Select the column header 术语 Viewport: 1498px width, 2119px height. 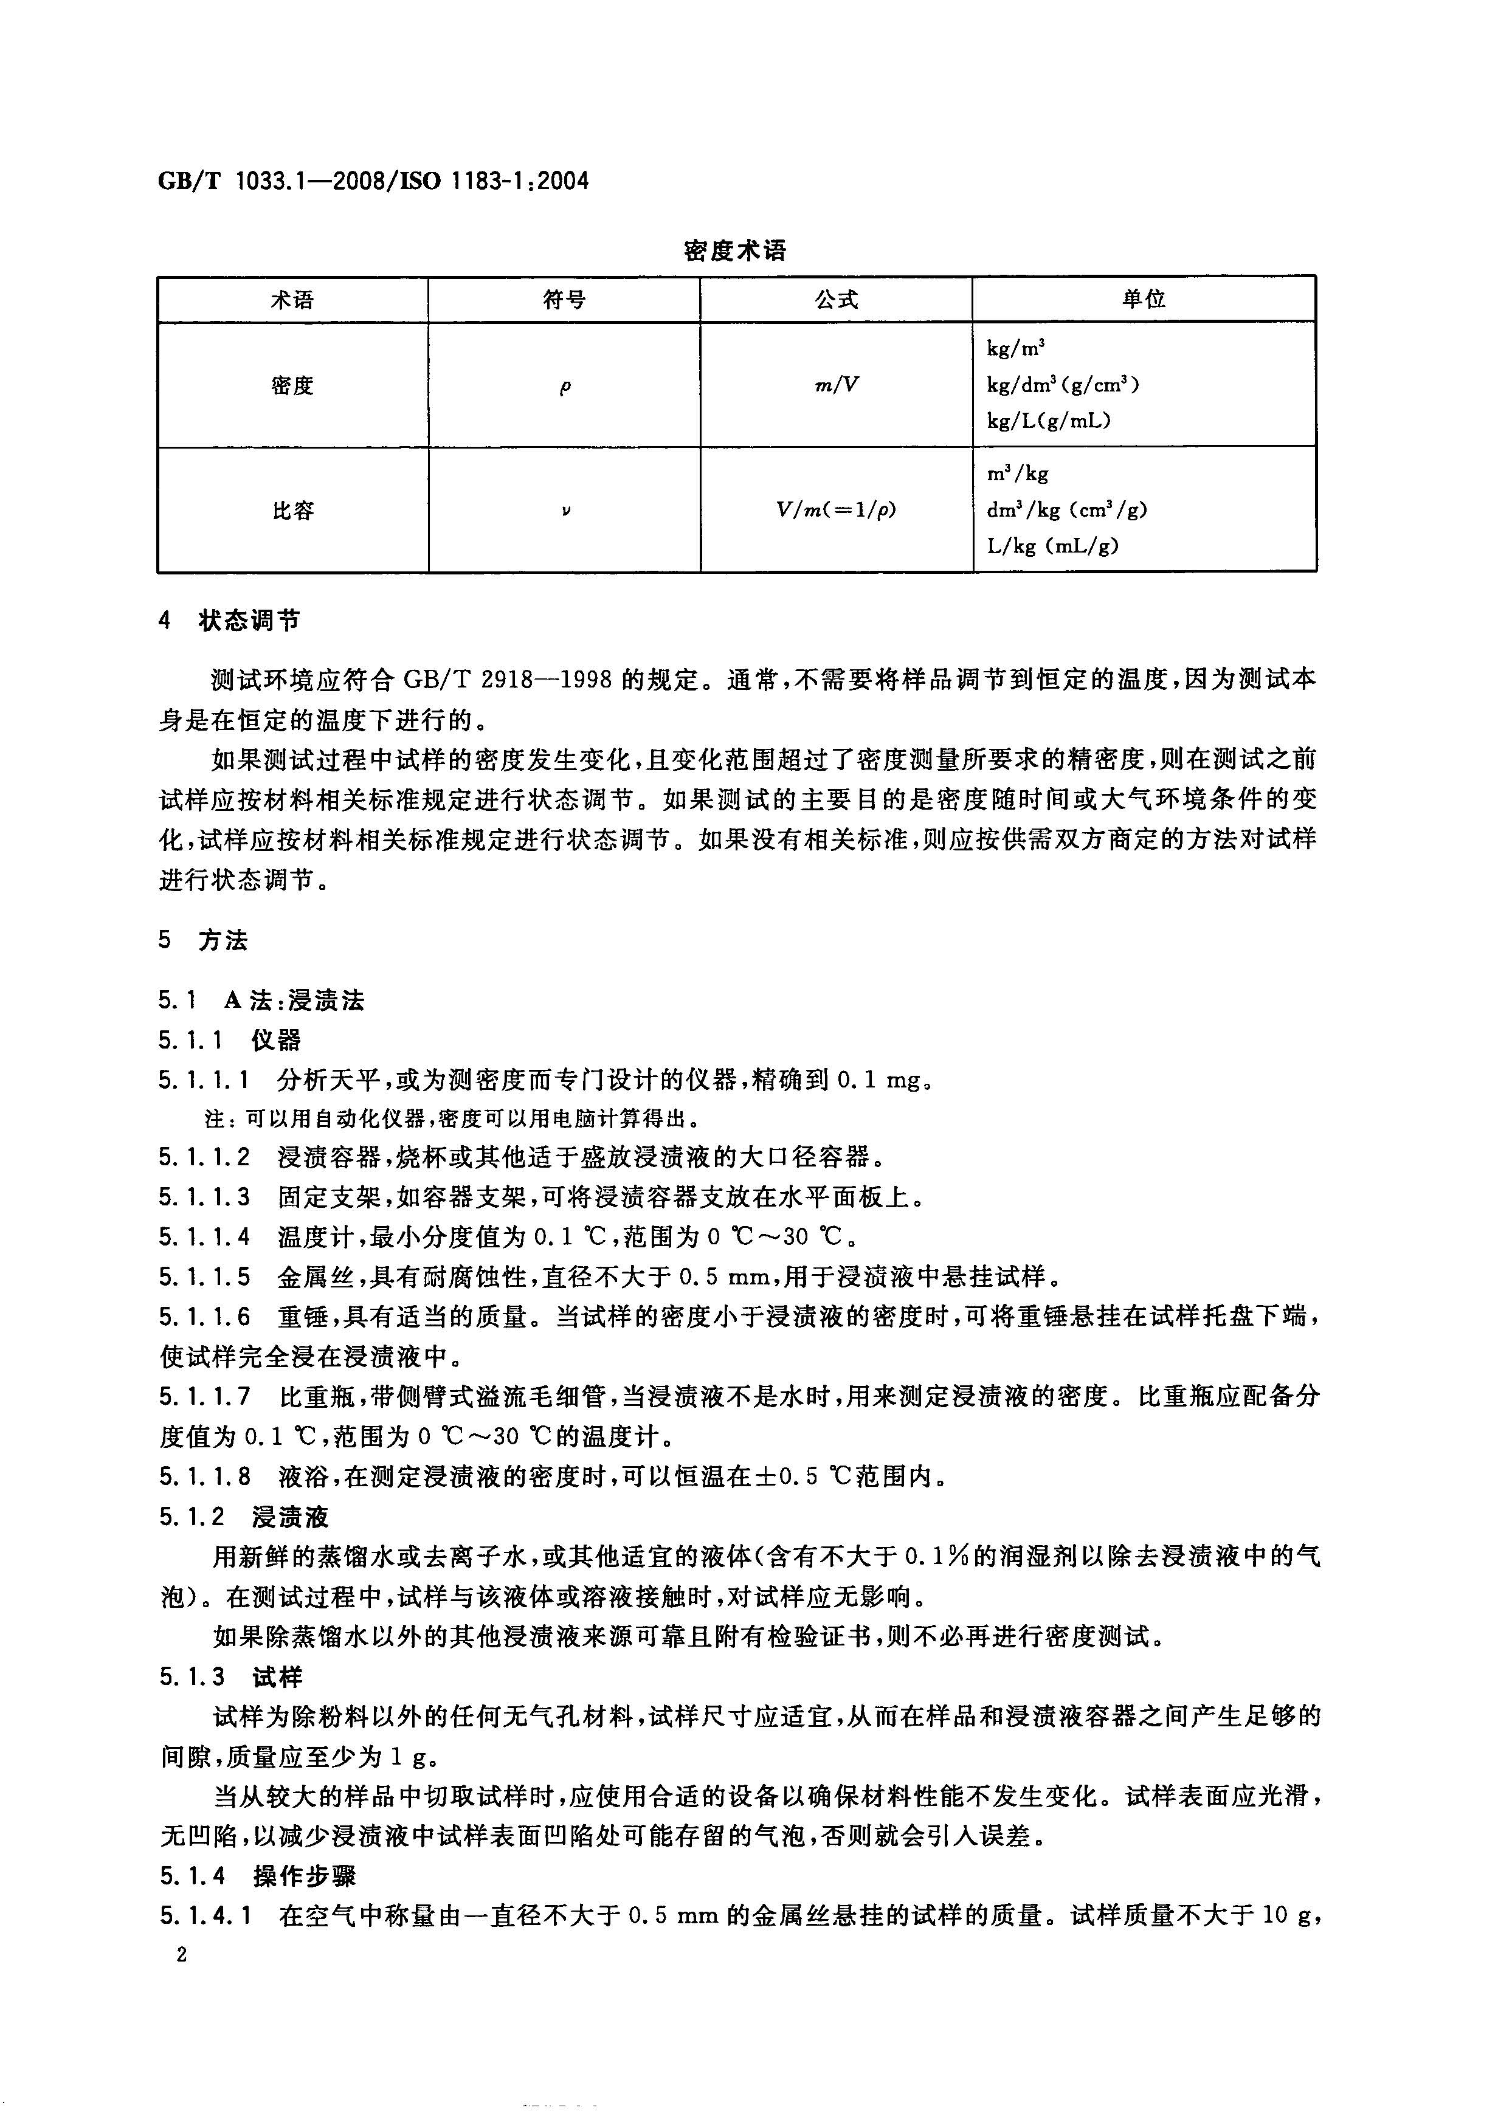[292, 300]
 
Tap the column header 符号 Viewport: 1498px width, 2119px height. [564, 300]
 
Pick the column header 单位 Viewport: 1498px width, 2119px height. [1144, 299]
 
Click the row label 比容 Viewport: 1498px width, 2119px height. [292, 511]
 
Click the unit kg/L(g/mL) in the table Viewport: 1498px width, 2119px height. [1049, 421]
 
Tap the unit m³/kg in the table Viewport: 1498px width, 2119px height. [1017, 474]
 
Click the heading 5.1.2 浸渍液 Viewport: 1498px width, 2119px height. [244, 1517]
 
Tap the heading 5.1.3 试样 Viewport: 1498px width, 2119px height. [231, 1677]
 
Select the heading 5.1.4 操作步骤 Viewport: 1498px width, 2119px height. [258, 1877]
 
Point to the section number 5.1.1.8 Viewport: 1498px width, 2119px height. [204, 1476]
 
